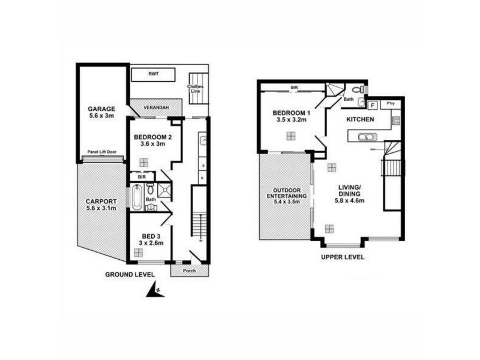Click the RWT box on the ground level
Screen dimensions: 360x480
[153, 74]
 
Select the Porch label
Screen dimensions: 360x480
[188, 269]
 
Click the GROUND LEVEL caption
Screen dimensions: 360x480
[130, 275]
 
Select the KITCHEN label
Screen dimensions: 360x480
[361, 120]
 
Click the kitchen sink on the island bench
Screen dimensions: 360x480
[364, 137]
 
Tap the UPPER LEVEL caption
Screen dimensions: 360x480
[343, 257]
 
